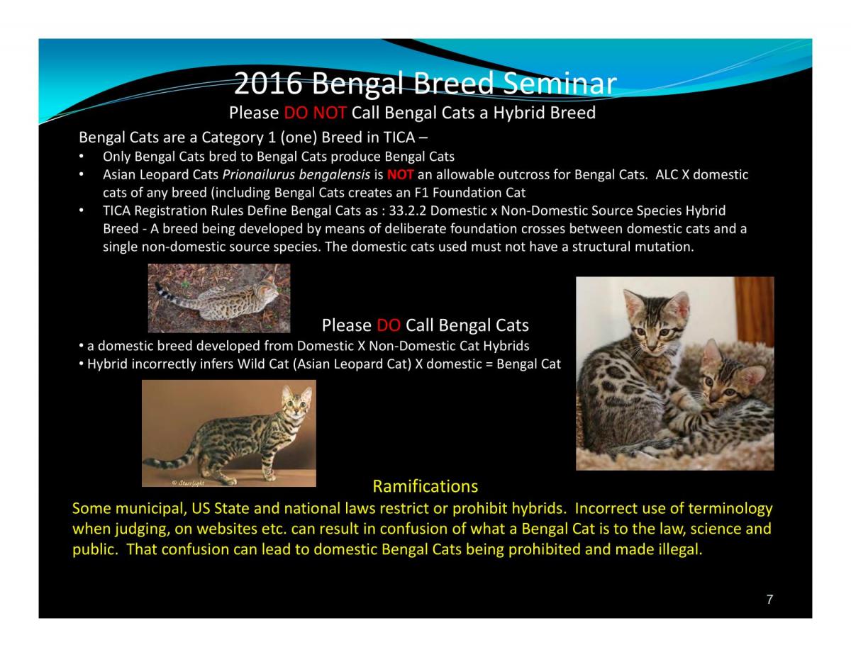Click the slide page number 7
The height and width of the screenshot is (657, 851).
(769, 599)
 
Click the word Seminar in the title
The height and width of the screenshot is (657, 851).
(560, 83)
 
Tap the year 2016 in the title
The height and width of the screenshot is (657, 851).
(268, 83)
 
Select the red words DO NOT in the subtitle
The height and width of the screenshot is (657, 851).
(315, 113)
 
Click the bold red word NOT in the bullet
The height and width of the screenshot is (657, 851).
(400, 174)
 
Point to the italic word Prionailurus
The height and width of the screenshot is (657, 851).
(258, 174)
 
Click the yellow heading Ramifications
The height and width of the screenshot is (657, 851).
(425, 486)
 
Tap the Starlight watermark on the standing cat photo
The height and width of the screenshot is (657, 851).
(188, 483)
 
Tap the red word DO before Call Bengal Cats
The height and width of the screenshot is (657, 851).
(389, 325)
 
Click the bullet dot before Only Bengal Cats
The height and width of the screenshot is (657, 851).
(81, 157)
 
